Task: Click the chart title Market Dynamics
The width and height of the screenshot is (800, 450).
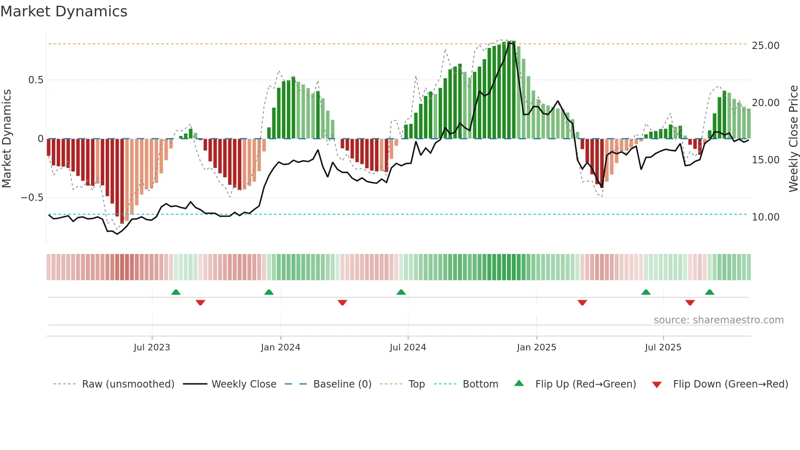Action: coord(64,11)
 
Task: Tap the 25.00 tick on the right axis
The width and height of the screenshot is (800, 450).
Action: coord(765,45)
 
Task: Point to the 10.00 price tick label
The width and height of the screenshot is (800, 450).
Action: coord(765,217)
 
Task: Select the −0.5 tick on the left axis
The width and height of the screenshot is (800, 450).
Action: coord(32,198)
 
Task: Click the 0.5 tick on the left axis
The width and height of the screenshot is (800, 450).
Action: coord(36,80)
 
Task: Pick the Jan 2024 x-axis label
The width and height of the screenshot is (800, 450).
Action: coord(280,348)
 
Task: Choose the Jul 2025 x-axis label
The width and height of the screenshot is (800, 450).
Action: coord(663,348)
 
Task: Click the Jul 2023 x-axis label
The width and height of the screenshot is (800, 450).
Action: coord(152,348)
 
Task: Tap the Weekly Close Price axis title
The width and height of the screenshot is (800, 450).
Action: coord(793,138)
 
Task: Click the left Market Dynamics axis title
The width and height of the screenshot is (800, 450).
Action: coord(7,138)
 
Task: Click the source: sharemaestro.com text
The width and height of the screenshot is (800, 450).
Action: coord(718,320)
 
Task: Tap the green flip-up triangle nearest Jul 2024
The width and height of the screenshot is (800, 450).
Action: coord(401,292)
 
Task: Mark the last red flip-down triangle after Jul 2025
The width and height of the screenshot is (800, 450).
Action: coord(690,303)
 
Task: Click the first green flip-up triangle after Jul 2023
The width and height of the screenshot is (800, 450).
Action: coord(176,292)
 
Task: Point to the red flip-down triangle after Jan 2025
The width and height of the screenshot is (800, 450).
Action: coord(582,303)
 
